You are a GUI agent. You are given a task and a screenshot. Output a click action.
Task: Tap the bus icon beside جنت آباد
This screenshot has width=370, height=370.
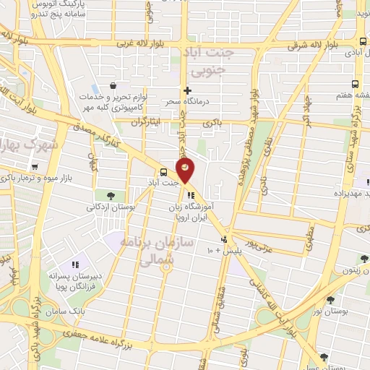[x=163, y=172]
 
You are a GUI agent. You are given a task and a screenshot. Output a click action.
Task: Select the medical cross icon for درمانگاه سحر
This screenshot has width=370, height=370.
[x=188, y=91]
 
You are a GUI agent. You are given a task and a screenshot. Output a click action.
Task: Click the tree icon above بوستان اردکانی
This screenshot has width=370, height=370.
[x=110, y=195]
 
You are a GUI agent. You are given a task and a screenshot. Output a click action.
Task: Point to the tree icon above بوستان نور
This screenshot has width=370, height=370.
[x=331, y=300]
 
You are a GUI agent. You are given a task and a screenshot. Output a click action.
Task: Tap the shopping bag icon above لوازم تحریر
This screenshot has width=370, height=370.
[x=114, y=87]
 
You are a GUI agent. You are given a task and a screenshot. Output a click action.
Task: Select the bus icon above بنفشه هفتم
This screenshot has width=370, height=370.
[x=354, y=84]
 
